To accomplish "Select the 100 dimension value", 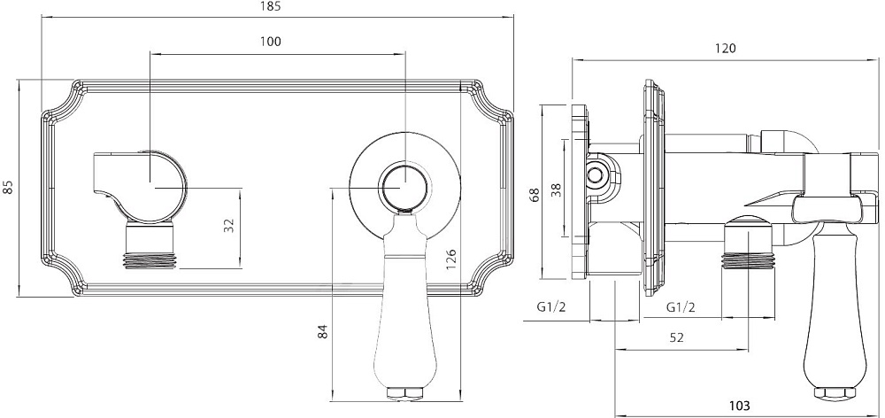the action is click(x=270, y=42).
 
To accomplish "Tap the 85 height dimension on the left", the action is click(x=8, y=187).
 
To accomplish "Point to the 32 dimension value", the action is click(x=228, y=225).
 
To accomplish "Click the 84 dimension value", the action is click(x=322, y=330).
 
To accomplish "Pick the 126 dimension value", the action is click(x=451, y=259).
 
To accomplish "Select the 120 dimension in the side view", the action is click(x=726, y=49).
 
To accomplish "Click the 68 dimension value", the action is click(x=535, y=194).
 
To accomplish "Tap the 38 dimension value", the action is click(x=557, y=190).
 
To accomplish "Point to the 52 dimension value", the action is click(x=677, y=337).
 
